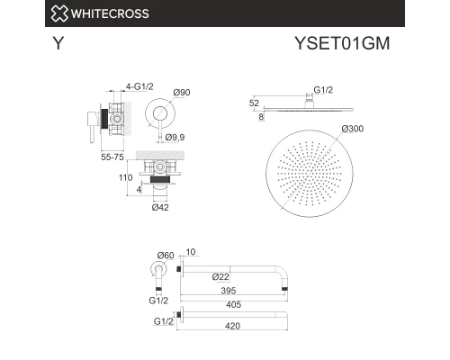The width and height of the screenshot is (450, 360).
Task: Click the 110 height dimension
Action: tap(124, 178)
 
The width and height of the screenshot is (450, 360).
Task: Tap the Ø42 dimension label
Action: tap(160, 208)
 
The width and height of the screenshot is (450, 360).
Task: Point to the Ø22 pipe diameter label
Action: tap(219, 275)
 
